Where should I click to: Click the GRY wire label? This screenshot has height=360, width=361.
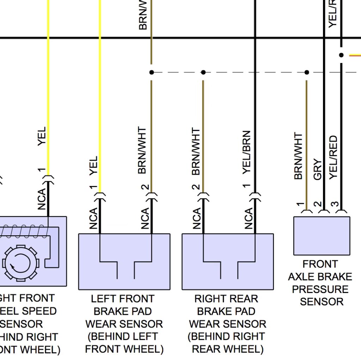[318, 170]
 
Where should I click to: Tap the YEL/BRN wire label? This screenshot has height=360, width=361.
[247, 152]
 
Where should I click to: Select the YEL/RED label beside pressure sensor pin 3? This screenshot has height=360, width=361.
[333, 157]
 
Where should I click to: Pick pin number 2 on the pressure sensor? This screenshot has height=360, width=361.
[318, 204]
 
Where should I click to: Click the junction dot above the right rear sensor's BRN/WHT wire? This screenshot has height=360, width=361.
[203, 72]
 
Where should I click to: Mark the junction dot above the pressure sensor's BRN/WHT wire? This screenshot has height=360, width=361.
[307, 72]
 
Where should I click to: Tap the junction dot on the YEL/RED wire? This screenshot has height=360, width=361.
[341, 55]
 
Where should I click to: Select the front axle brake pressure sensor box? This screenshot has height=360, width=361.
[322, 236]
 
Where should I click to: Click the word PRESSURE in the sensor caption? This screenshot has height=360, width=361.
[320, 289]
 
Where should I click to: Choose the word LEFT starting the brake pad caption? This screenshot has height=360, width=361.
[103, 299]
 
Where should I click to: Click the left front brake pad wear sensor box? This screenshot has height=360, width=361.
[124, 261]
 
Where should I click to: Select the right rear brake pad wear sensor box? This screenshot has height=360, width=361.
[228, 261]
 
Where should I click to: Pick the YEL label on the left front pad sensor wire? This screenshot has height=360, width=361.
[93, 166]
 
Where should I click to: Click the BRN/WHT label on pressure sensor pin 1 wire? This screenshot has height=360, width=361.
[298, 156]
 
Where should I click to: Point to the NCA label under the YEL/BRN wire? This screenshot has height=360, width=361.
[249, 218]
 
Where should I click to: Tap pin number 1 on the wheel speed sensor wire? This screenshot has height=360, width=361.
[42, 170]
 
